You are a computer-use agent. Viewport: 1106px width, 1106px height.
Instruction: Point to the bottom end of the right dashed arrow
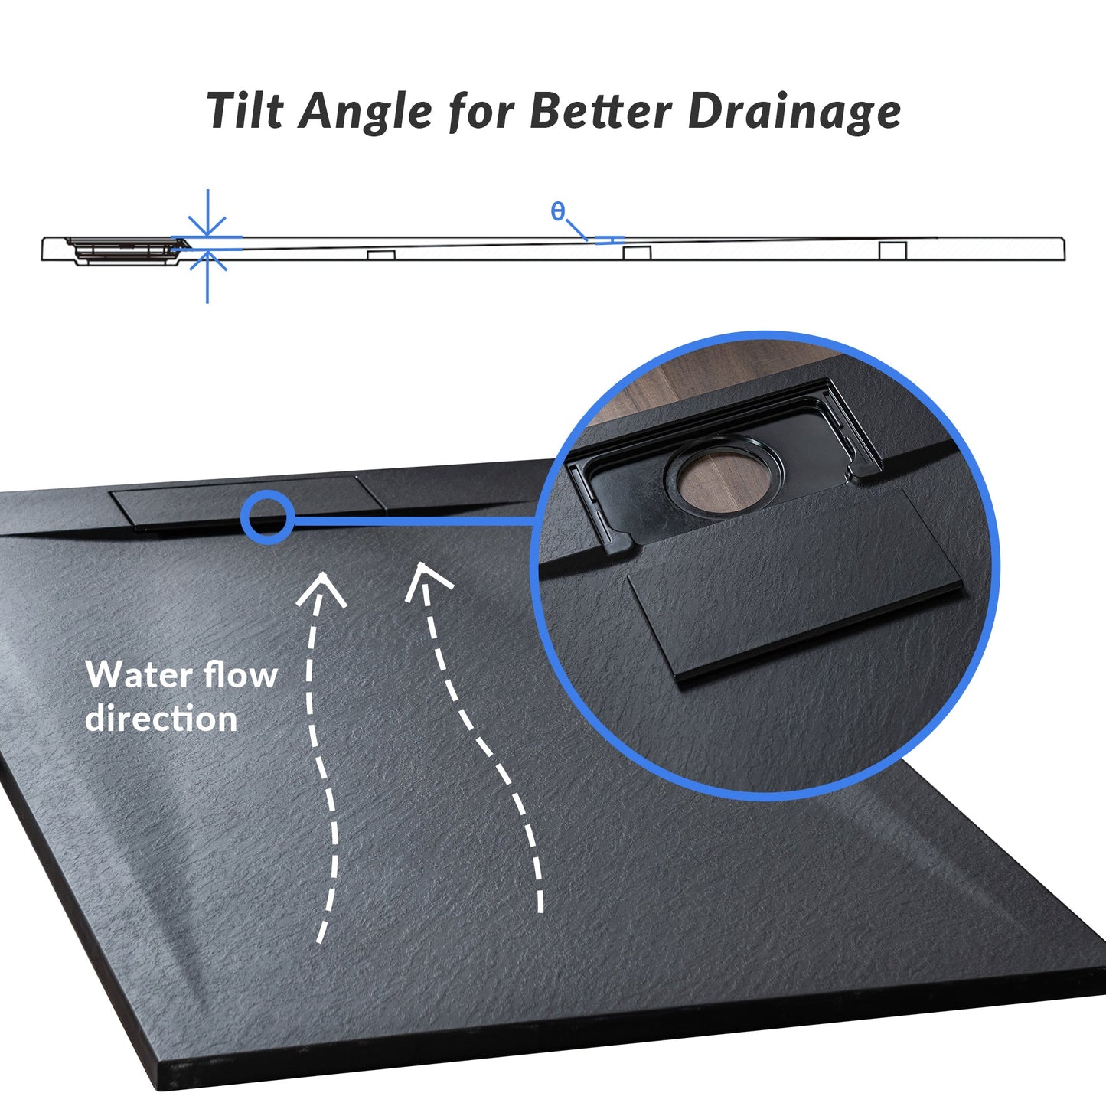pos(540,910)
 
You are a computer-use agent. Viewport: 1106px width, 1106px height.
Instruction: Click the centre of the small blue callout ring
pos(268,517)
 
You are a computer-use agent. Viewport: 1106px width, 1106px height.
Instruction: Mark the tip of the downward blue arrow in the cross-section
pos(207,235)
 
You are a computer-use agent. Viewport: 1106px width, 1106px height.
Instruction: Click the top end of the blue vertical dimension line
pos(207,189)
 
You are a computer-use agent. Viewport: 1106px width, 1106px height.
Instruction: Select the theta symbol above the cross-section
pos(557,211)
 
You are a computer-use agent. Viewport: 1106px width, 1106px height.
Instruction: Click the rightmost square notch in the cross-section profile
pos(892,250)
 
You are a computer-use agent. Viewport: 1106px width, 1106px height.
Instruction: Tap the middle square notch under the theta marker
pos(637,253)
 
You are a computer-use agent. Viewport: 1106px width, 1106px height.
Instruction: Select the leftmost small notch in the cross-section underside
pos(382,256)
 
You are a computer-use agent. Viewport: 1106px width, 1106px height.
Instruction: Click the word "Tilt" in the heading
pos(245,109)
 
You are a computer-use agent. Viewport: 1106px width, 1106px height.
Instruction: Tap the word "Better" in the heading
pos(600,111)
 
